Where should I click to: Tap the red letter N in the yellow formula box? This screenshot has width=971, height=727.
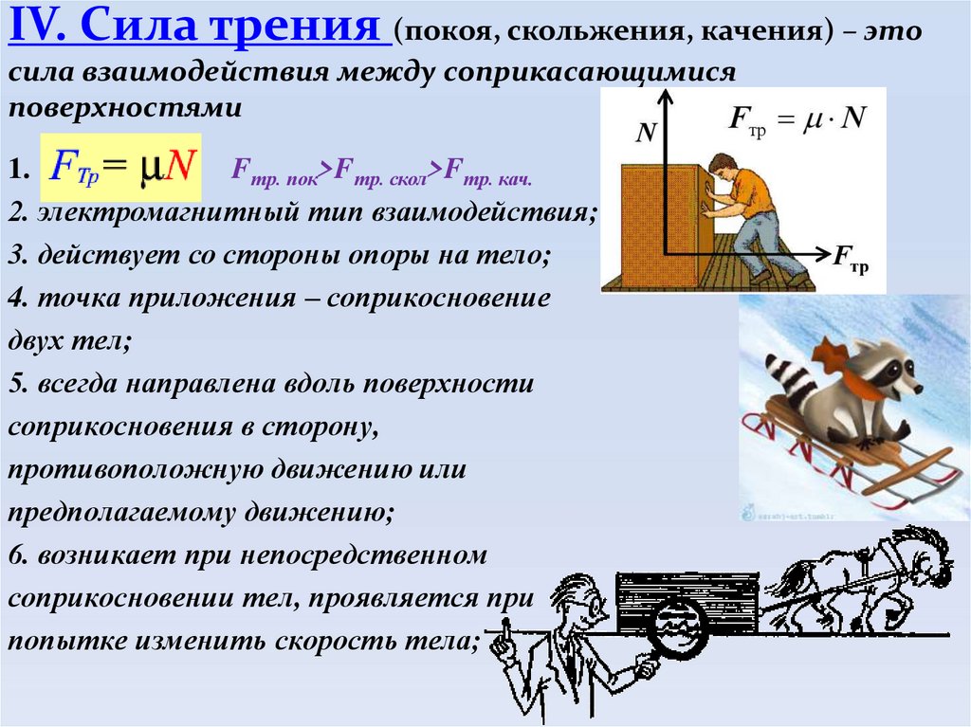pos(177,168)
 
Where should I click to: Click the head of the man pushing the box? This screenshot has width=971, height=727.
pos(724,168)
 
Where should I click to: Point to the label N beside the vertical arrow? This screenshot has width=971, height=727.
pos(646,134)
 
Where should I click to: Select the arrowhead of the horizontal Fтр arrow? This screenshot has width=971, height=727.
pos(820,254)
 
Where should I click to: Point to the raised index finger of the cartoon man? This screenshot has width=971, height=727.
pos(506,627)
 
